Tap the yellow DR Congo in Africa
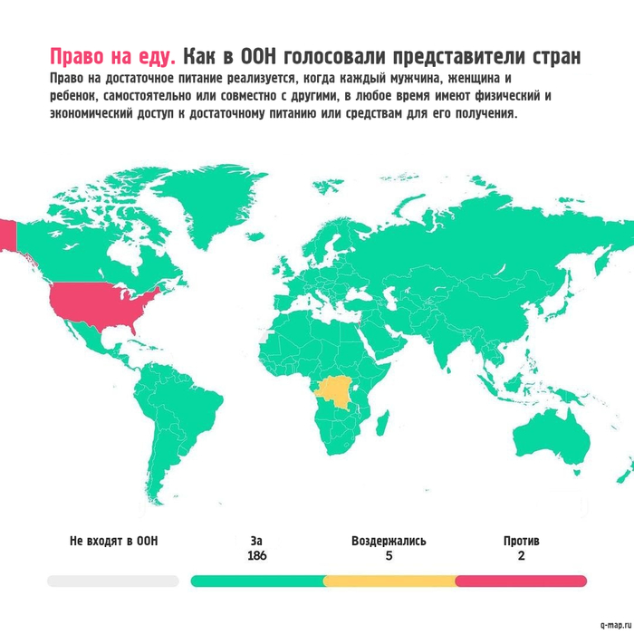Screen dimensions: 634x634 tap(336, 392)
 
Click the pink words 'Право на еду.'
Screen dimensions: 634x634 tap(112, 56)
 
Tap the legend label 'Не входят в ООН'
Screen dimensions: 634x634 tap(113, 541)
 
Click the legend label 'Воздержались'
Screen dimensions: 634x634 tap(389, 541)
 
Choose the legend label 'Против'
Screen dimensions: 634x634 tap(521, 541)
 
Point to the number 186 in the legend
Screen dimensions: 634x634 tap(256, 556)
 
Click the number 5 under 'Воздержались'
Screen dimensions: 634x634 tap(389, 556)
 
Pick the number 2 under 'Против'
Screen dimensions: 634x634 tap(521, 556)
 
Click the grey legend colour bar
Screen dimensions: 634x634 tap(113, 581)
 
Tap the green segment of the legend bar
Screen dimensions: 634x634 tap(257, 581)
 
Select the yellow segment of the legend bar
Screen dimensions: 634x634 tap(389, 581)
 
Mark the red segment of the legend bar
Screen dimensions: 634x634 tap(521, 581)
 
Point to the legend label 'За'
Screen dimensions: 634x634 tap(256, 541)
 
